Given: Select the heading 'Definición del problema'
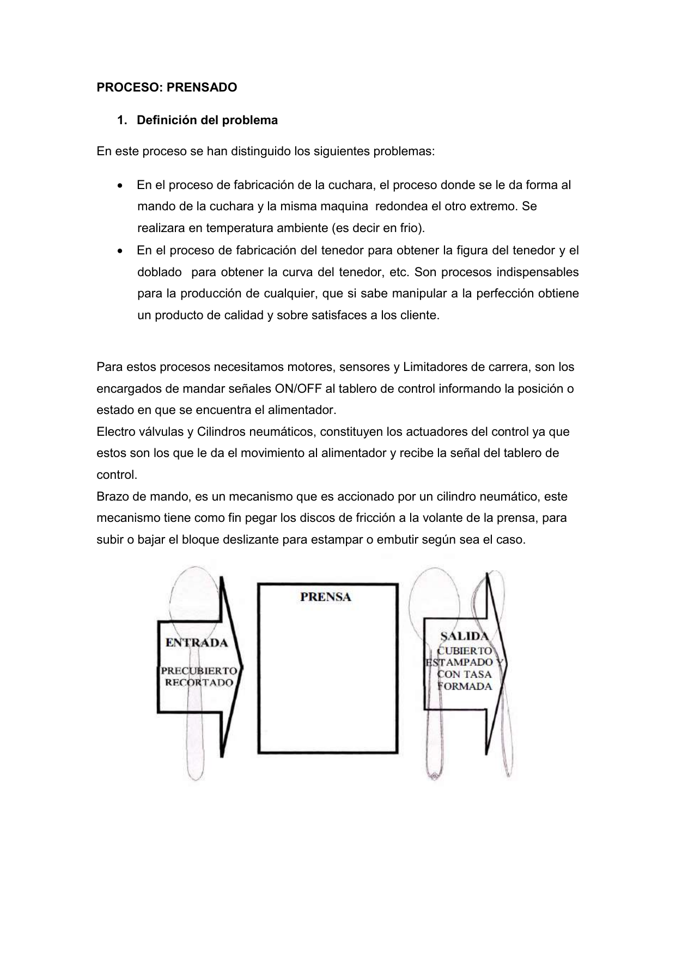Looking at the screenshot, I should click(x=207, y=120).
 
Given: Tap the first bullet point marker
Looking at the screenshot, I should click(x=120, y=186).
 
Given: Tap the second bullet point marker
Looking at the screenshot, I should click(x=120, y=251).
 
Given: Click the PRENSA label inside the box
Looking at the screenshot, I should click(x=326, y=597).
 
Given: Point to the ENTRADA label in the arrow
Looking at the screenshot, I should click(x=197, y=643).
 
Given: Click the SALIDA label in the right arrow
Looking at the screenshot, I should click(x=464, y=636).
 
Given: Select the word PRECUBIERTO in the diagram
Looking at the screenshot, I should click(x=199, y=671).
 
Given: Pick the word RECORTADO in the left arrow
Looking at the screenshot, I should click(x=199, y=683).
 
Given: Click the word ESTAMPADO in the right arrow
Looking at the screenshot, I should click(x=461, y=662).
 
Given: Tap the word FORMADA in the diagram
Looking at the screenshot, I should click(x=465, y=686).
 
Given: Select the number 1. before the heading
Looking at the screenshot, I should click(x=122, y=120).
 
